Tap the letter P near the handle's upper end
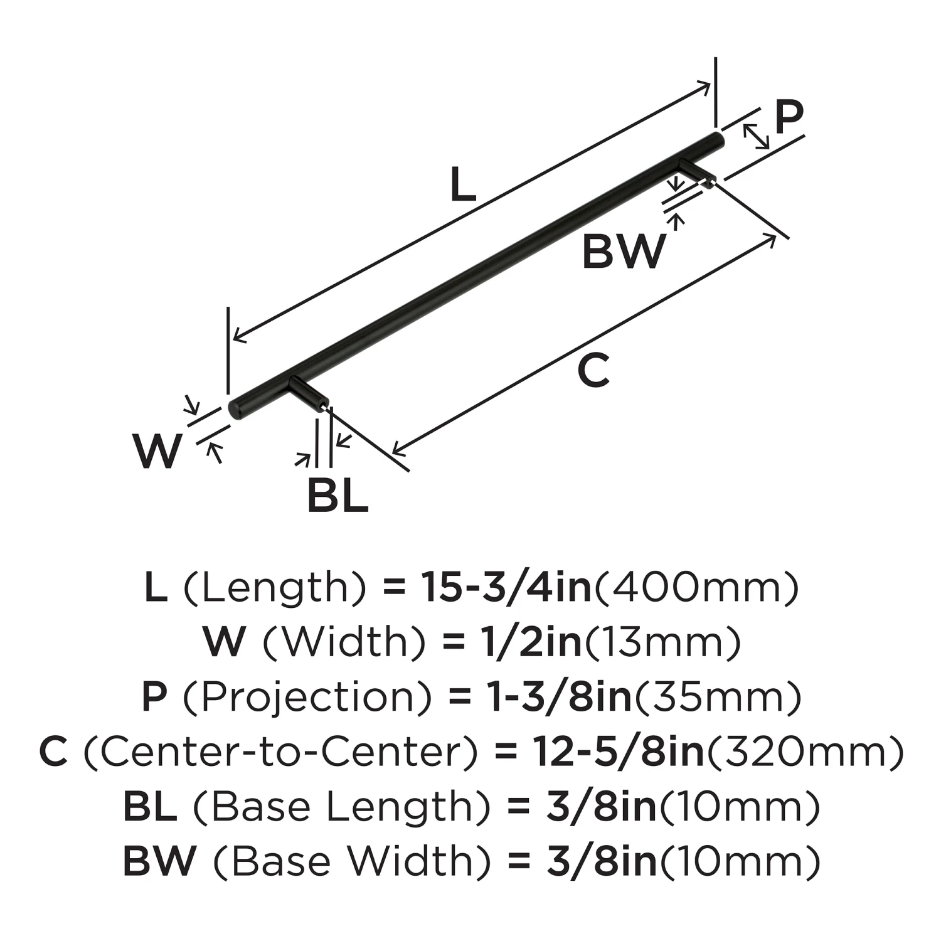pos(788,117)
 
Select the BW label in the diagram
pos(624,251)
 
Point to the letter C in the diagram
pos(593,369)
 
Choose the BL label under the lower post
pos(338,496)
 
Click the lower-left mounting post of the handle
pos(309,393)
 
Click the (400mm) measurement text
pos(696,588)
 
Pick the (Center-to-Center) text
pos(280,752)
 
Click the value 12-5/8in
pos(619,752)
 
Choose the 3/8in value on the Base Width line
pos(602,862)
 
